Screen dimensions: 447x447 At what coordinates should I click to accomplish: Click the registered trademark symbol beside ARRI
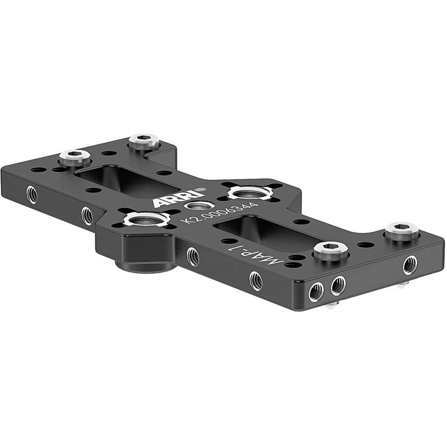pos(203,189)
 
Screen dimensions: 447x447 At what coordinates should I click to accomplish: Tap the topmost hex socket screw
pos(144,142)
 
